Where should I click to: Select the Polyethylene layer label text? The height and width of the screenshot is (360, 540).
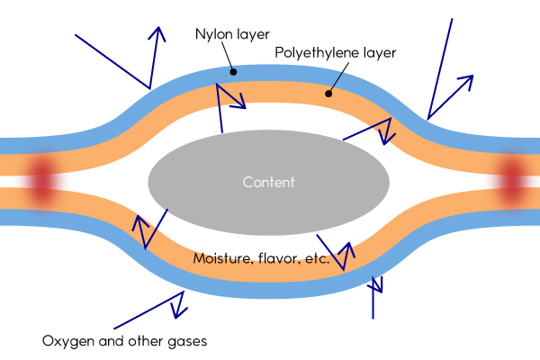(335, 53)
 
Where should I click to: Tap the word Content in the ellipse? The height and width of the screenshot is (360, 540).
(269, 182)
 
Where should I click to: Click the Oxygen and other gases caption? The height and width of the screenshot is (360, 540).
(125, 341)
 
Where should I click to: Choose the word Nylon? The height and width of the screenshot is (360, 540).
(212, 35)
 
